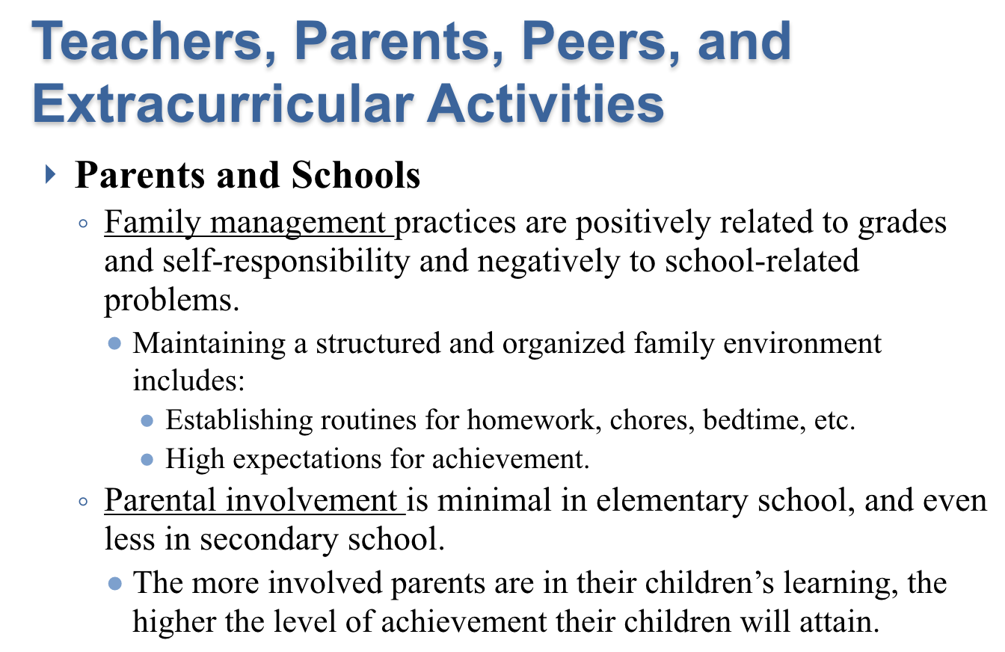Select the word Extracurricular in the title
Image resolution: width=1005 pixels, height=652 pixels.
point(223,103)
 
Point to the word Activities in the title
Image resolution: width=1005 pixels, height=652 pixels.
point(545,103)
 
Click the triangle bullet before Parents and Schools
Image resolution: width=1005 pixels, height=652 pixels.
point(50,174)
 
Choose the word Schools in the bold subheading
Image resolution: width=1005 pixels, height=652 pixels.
point(355,174)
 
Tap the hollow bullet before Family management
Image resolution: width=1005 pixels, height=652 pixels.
point(83,224)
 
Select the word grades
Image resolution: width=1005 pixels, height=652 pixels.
point(903,224)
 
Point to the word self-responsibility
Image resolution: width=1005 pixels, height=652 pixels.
point(286,262)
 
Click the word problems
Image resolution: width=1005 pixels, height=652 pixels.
point(172,301)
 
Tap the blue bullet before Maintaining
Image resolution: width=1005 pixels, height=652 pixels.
point(115,344)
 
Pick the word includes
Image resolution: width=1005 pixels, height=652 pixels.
point(188,381)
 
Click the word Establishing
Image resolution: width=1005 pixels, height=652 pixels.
point(239,420)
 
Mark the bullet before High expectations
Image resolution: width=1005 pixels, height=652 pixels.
point(147,460)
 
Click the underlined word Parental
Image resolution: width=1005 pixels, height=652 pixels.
point(161,500)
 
